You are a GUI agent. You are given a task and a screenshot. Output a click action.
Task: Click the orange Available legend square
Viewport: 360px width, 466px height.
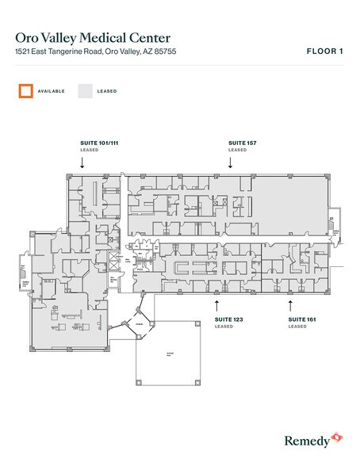pyautogui.click(x=27, y=90)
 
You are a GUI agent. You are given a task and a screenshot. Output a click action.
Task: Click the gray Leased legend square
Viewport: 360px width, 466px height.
pyautogui.click(x=85, y=90)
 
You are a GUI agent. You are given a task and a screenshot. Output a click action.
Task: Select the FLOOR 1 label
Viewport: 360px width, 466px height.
pyautogui.click(x=324, y=51)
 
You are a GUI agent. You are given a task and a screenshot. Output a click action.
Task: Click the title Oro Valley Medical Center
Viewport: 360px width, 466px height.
pyautogui.click(x=93, y=37)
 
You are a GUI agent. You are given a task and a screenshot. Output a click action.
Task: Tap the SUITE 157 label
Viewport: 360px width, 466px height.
pyautogui.click(x=243, y=143)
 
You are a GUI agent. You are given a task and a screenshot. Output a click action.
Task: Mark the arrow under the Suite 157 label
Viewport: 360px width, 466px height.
pyautogui.click(x=230, y=162)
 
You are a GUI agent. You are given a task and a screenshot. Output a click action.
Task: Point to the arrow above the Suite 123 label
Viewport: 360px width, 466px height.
pyautogui.click(x=217, y=304)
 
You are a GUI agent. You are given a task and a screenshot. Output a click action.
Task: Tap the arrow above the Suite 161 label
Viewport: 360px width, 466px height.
pyautogui.click(x=290, y=304)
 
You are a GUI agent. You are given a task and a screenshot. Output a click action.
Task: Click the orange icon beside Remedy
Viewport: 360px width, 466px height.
pyautogui.click(x=337, y=437)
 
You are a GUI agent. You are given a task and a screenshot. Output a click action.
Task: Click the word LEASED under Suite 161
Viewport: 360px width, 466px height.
pyautogui.click(x=297, y=327)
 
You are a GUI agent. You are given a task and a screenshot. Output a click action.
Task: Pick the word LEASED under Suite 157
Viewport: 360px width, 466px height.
pyautogui.click(x=237, y=150)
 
